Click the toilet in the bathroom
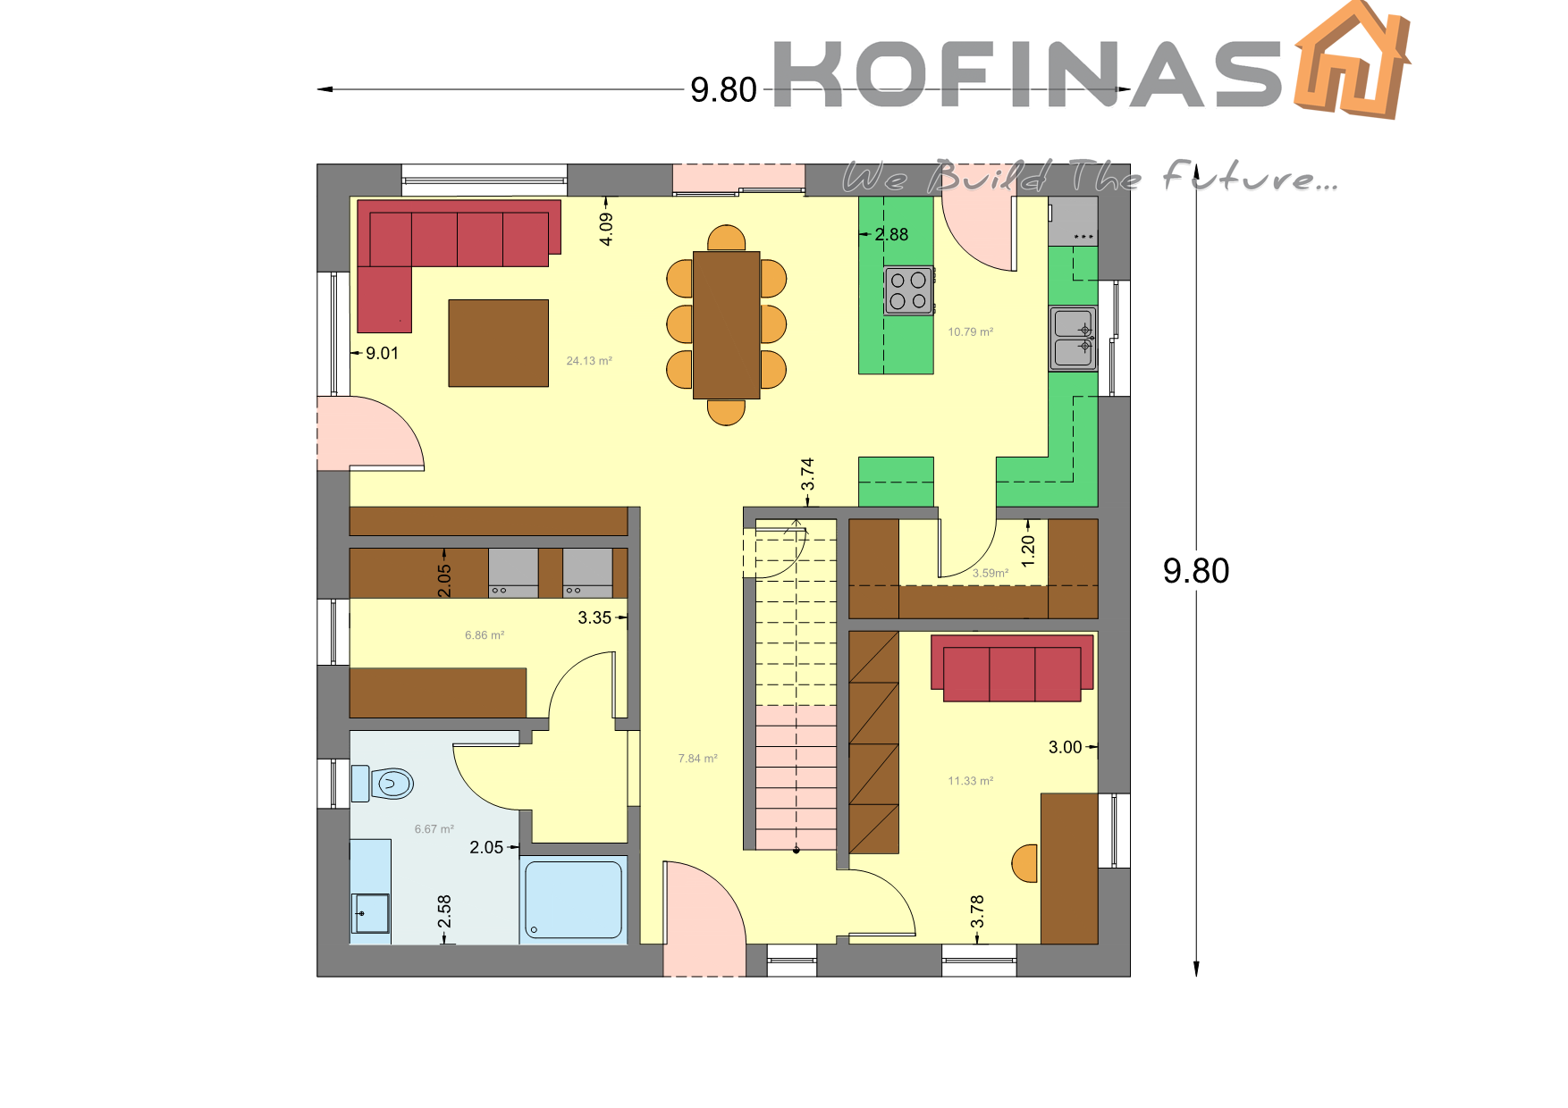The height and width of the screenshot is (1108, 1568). point(384,784)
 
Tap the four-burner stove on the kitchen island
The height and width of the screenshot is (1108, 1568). point(908,290)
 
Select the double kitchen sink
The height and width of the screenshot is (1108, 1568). point(1073,339)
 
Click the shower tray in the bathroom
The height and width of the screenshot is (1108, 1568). point(573,899)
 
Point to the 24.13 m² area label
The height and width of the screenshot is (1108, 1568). point(589,361)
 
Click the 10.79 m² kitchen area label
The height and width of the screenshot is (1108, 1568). point(971,332)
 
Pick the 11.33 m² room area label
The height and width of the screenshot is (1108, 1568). point(971,781)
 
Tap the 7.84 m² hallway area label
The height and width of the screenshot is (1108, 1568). point(697,759)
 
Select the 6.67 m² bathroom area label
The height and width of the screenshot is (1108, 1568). point(434,829)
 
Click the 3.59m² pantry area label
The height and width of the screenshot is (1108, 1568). point(991,574)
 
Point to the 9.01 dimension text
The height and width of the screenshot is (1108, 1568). point(382,353)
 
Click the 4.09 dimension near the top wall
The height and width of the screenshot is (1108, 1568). point(606,229)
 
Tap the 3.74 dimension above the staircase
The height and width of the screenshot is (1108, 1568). point(807,474)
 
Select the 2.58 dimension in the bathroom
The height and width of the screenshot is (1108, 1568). point(444,911)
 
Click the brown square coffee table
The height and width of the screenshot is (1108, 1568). point(498,343)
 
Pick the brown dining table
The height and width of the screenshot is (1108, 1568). point(726,325)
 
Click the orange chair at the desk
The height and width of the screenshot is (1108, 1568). point(1024,863)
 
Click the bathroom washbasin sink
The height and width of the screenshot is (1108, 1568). point(371,913)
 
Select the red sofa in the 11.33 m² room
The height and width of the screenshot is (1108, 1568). point(1012,668)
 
